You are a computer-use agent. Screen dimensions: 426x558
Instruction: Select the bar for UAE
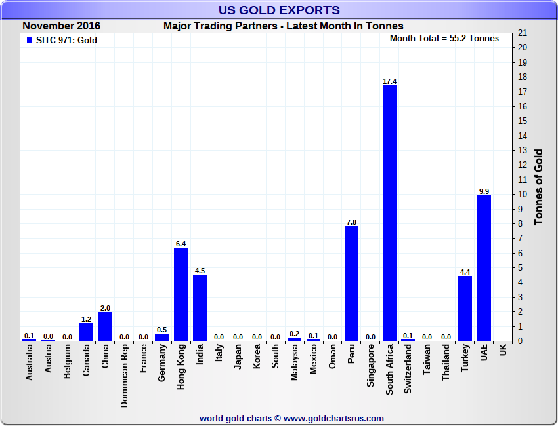[484, 268]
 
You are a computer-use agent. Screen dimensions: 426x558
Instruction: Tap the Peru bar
[351, 283]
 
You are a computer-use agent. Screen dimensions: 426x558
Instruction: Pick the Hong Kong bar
[181, 294]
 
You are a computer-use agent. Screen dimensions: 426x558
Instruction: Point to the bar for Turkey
[465, 308]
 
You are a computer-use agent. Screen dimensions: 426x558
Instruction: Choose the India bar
[200, 307]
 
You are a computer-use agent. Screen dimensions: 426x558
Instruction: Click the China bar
[105, 326]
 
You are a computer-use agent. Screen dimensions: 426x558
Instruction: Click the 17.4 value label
[389, 81]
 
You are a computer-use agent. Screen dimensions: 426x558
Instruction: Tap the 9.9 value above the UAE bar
[484, 191]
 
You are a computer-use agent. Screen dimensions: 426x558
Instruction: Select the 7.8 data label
[351, 222]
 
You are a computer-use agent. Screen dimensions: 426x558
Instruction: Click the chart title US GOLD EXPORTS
[279, 10]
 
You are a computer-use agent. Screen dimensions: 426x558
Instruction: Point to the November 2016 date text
[61, 26]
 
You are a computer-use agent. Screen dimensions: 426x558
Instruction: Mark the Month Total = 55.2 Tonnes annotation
[444, 39]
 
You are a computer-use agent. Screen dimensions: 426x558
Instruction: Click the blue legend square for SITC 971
[29, 40]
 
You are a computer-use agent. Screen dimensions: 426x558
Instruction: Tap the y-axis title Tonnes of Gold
[538, 187]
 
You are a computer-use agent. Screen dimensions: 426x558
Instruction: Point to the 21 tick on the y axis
[523, 33]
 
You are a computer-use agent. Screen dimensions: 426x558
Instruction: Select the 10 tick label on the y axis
[523, 195]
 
